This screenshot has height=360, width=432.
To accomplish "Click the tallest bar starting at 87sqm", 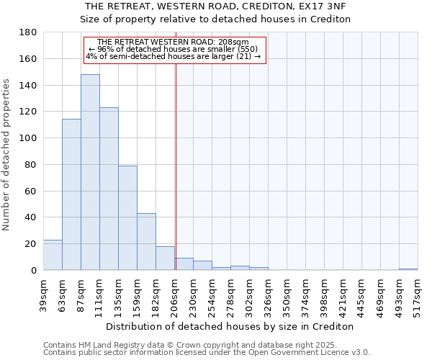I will (x=90, y=173).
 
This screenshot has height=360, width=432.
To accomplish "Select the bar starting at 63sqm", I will (x=71, y=194).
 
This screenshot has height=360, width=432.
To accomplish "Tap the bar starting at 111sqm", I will (x=109, y=189).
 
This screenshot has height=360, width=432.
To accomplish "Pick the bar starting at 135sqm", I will (x=127, y=217).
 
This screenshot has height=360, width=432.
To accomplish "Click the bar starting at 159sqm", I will (x=146, y=241).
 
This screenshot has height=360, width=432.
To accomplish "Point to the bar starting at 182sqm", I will (x=165, y=258).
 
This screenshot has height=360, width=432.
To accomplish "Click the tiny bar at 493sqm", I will (x=408, y=269).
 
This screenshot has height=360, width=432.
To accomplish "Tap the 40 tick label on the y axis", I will (x=32, y=217).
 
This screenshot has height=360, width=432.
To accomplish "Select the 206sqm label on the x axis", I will (x=174, y=294).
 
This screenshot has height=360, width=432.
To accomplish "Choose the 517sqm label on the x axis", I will (x=418, y=294).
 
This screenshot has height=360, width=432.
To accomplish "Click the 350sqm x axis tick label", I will (x=287, y=294).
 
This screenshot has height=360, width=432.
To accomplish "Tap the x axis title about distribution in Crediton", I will (x=230, y=326).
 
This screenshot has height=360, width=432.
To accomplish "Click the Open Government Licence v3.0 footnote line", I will (x=207, y=353).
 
